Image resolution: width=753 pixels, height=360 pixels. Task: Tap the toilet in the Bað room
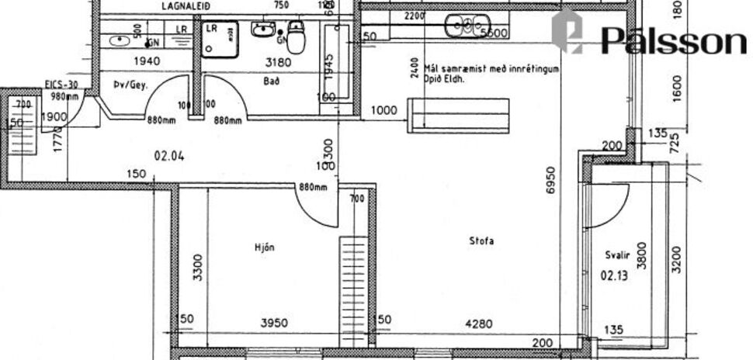tap(294, 36)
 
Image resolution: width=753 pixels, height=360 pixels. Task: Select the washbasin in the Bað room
tap(262, 31)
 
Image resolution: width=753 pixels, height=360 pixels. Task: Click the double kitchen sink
tap(463, 26)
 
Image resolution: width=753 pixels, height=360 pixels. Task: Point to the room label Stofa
tap(481, 241)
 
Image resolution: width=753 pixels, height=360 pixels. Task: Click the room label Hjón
tap(265, 247)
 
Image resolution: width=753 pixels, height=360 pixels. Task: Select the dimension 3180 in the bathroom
tap(277, 61)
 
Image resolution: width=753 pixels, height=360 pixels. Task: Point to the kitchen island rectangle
tap(458, 115)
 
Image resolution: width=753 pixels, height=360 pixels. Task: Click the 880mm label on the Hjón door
tap(312, 187)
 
